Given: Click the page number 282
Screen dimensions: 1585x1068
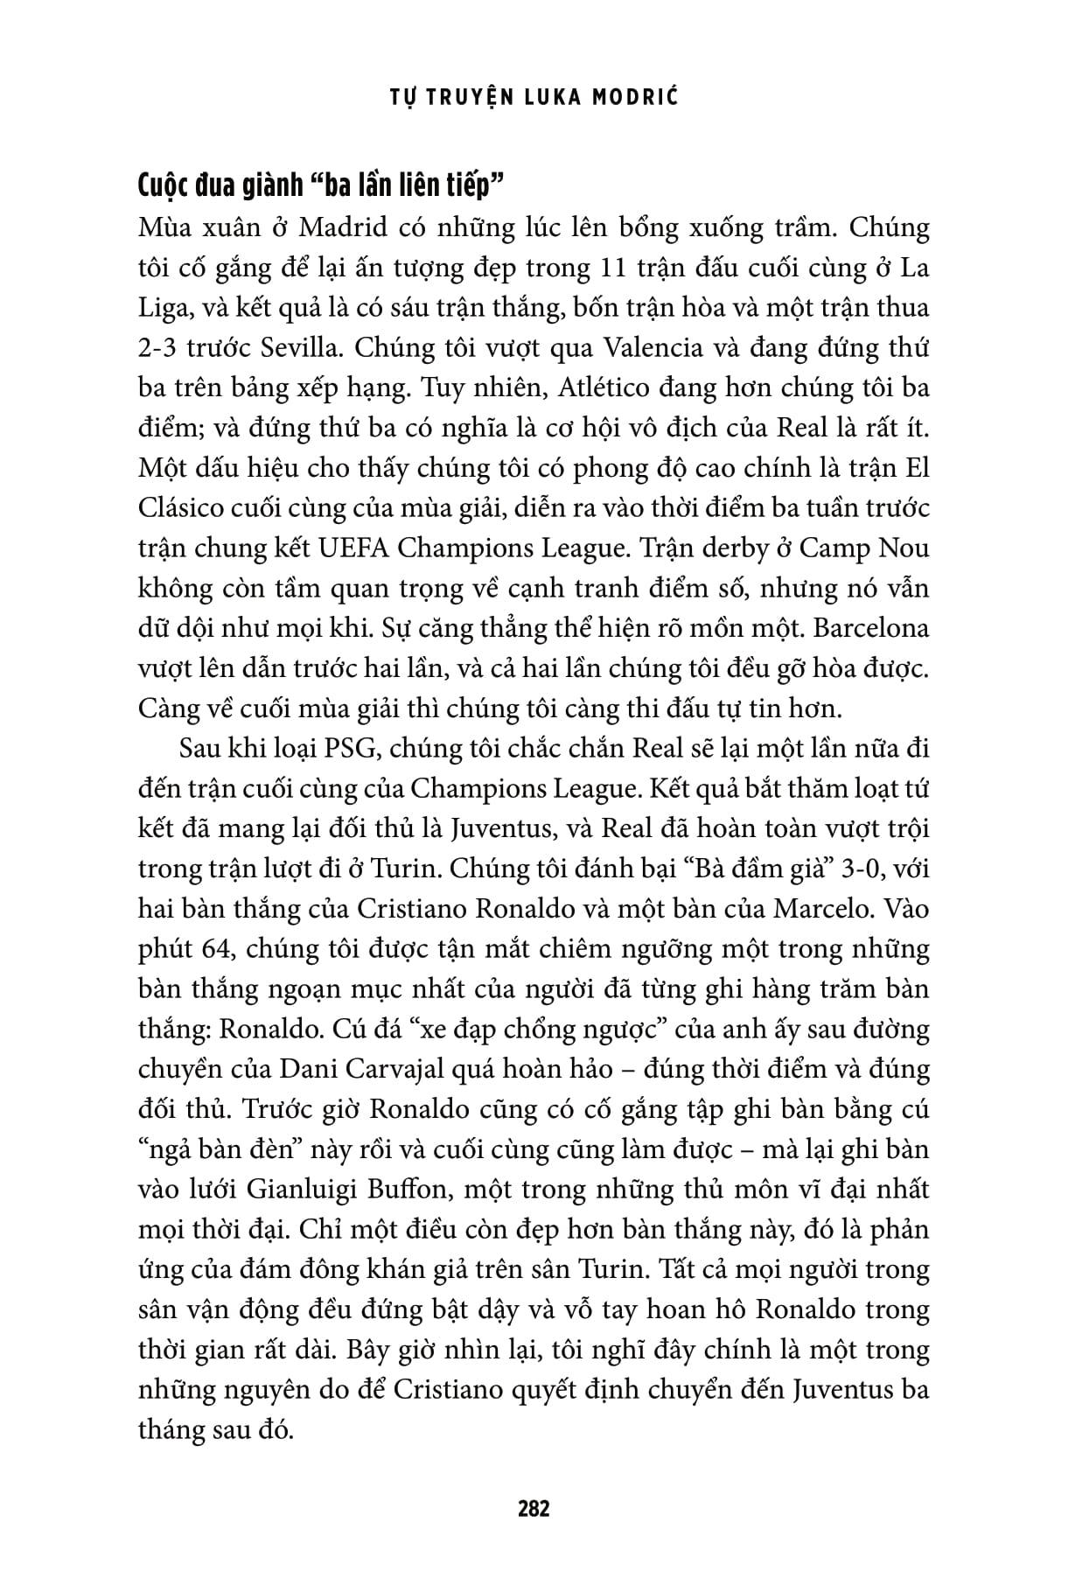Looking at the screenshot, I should (534, 1508).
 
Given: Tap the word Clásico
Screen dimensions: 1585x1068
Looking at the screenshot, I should (186, 508).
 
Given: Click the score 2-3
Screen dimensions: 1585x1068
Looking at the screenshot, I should (159, 348).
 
